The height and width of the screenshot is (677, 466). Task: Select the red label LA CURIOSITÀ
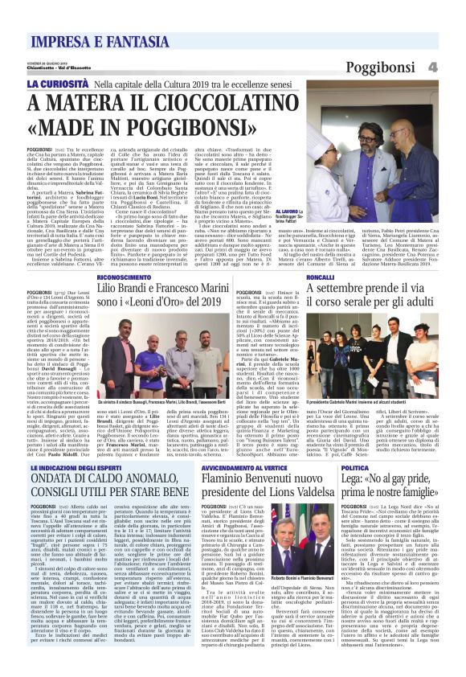click(61, 83)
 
